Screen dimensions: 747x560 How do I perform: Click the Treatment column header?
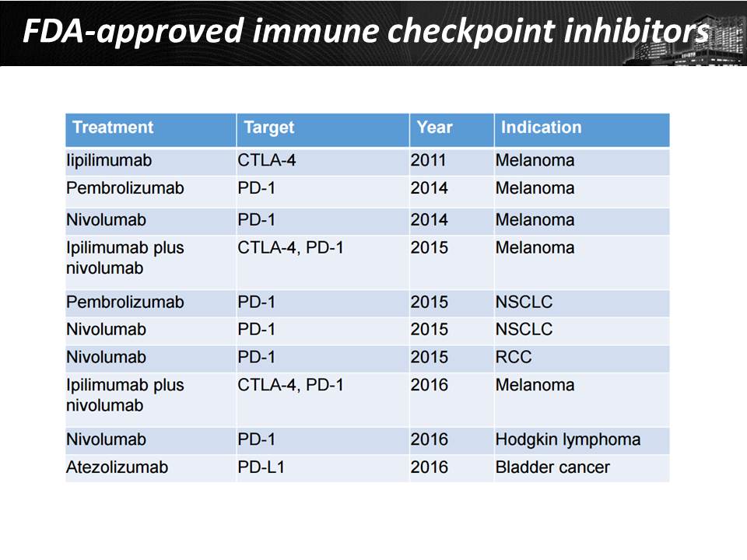(x=113, y=128)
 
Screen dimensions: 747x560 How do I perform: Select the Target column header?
(x=269, y=128)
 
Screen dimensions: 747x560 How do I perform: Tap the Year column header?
(x=434, y=128)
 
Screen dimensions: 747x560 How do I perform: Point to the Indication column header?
(x=542, y=128)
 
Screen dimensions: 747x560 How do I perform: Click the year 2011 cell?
(x=428, y=160)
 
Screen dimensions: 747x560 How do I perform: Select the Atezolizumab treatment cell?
(x=117, y=467)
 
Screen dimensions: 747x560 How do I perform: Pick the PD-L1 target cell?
(x=261, y=467)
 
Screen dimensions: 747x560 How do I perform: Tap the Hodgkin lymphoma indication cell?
(x=568, y=440)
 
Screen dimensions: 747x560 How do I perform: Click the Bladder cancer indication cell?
(x=552, y=467)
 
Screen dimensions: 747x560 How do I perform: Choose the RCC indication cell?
(x=514, y=357)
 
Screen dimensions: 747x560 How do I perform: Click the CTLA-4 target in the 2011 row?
(x=267, y=160)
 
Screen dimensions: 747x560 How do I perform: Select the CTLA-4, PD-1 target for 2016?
(x=290, y=385)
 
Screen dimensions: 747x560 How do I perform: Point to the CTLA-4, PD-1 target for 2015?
(x=290, y=248)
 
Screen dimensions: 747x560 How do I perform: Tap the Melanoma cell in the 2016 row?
(x=535, y=385)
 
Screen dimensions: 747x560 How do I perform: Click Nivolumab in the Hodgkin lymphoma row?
(x=107, y=439)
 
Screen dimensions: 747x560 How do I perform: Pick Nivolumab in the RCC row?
(x=107, y=357)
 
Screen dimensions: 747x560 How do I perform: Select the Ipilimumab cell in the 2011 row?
(x=109, y=160)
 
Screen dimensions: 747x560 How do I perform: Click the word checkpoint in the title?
(x=471, y=31)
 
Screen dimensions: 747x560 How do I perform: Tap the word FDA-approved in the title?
(x=134, y=31)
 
